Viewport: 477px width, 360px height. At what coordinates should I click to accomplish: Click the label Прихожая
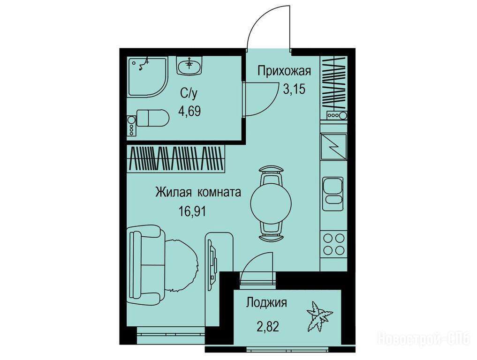[284, 71]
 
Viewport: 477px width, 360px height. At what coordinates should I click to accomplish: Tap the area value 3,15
[294, 89]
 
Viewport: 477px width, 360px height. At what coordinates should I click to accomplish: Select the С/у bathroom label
[189, 93]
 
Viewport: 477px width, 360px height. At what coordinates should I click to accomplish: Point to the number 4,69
[189, 111]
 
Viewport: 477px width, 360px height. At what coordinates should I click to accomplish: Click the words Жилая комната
[198, 192]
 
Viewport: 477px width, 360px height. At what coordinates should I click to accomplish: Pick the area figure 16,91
[192, 211]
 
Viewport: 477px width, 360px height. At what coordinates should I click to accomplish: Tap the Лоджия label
[266, 303]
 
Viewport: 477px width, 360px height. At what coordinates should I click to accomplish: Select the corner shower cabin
[148, 77]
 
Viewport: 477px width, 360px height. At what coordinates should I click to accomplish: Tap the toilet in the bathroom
[152, 118]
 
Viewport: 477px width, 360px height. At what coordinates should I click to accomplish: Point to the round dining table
[271, 203]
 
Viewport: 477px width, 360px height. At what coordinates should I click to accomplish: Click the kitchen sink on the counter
[333, 194]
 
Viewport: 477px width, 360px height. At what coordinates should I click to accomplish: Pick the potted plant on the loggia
[319, 316]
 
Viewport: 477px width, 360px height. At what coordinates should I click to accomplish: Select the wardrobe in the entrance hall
[334, 83]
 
